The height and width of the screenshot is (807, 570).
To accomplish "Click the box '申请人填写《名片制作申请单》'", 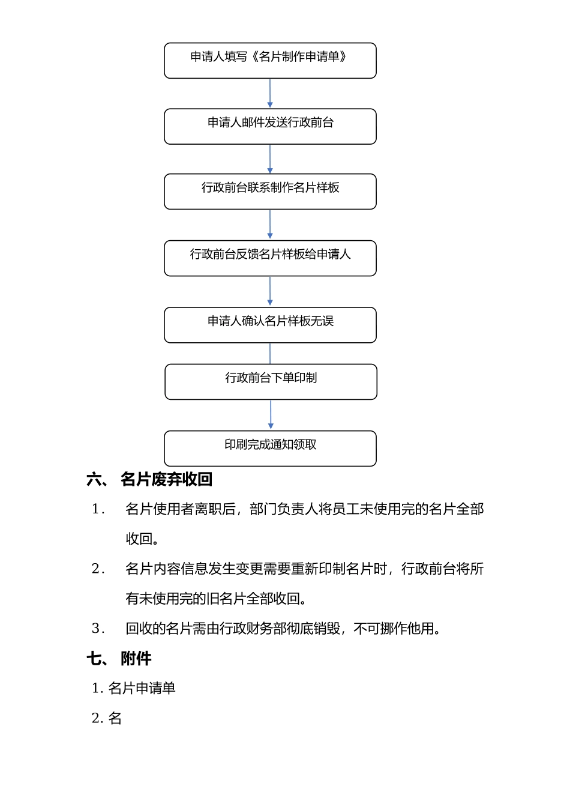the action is pyautogui.click(x=270, y=61).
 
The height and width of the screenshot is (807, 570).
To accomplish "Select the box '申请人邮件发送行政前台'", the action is pyautogui.click(x=270, y=127).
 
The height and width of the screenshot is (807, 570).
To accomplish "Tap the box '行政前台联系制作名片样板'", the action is pyautogui.click(x=270, y=192).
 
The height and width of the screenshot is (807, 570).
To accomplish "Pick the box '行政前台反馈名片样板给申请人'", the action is pyautogui.click(x=270, y=258).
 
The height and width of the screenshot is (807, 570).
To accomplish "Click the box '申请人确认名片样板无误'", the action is pyautogui.click(x=270, y=325).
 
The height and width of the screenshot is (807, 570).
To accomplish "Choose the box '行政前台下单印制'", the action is pyautogui.click(x=271, y=382).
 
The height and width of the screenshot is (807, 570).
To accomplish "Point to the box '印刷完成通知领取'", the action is pyautogui.click(x=270, y=449).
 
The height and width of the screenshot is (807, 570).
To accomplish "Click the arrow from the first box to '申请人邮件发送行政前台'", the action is pyautogui.click(x=270, y=94).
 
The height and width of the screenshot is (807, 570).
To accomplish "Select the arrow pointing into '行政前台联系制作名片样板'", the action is pyautogui.click(x=270, y=159).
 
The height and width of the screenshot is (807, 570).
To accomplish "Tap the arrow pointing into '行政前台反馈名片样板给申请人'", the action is pyautogui.click(x=270, y=225).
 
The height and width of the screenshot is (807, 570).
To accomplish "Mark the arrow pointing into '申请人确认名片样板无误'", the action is pyautogui.click(x=270, y=292).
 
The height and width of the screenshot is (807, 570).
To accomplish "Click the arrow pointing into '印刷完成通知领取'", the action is pyautogui.click(x=271, y=415).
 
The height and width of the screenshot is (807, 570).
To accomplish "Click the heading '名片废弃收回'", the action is pyautogui.click(x=166, y=479).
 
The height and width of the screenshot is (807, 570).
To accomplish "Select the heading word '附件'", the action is pyautogui.click(x=136, y=659).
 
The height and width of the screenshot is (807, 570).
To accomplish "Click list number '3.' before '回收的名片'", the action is pyautogui.click(x=98, y=629).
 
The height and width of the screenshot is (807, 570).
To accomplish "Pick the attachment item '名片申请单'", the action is pyautogui.click(x=142, y=688).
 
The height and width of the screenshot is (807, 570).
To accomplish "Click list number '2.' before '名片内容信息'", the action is pyautogui.click(x=98, y=569).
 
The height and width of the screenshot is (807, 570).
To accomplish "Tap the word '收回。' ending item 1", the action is pyautogui.click(x=143, y=539).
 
